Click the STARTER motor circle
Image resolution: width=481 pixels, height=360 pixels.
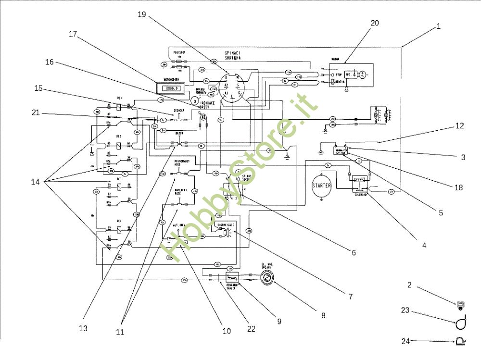[322, 186]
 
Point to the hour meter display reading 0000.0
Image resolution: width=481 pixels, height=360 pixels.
[171, 88]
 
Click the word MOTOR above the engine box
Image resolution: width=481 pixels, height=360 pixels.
[336, 60]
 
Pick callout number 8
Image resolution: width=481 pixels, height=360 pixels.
[323, 316]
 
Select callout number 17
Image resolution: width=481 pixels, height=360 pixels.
[73, 34]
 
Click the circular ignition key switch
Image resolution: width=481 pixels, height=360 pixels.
[232, 87]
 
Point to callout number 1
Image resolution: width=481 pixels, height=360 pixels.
[438, 27]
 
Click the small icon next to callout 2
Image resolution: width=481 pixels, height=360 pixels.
[460, 304]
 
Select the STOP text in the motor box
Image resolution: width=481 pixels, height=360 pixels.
[339, 75]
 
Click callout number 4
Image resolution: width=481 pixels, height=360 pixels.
[424, 245]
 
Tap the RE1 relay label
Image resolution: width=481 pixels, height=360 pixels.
[119, 98]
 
